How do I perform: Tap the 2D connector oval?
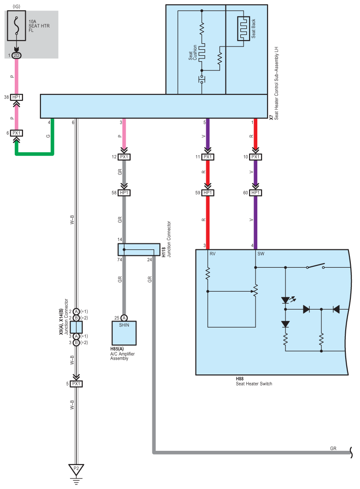(x=17, y=56)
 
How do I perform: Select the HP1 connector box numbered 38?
(x=17, y=98)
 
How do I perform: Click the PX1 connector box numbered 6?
(x=17, y=133)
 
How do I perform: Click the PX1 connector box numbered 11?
(x=208, y=157)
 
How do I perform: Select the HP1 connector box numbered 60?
(x=255, y=193)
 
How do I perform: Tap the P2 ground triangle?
(x=76, y=470)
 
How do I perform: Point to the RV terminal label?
(x=213, y=254)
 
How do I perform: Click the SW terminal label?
(x=261, y=254)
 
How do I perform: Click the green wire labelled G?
(x=35, y=154)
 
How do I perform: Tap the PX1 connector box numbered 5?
(x=76, y=384)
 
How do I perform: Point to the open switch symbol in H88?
(x=316, y=267)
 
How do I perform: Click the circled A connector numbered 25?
(x=124, y=318)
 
